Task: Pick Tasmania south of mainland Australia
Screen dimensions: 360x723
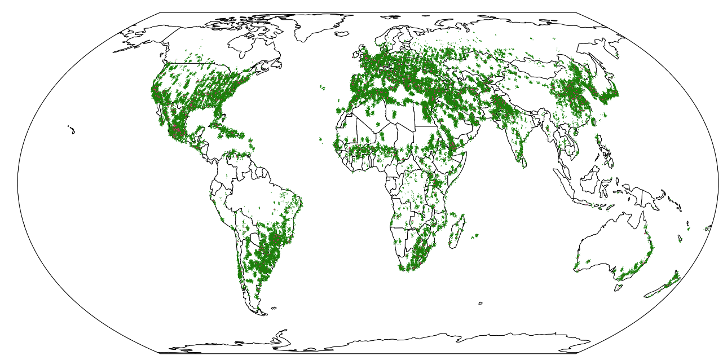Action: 619,287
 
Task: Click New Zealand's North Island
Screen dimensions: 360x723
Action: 674,276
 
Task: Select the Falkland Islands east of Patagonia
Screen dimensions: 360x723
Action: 274,308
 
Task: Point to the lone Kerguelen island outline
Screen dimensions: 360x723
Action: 480,303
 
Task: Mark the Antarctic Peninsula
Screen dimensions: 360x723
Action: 279,336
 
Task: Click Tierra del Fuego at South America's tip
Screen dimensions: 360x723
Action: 259,311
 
